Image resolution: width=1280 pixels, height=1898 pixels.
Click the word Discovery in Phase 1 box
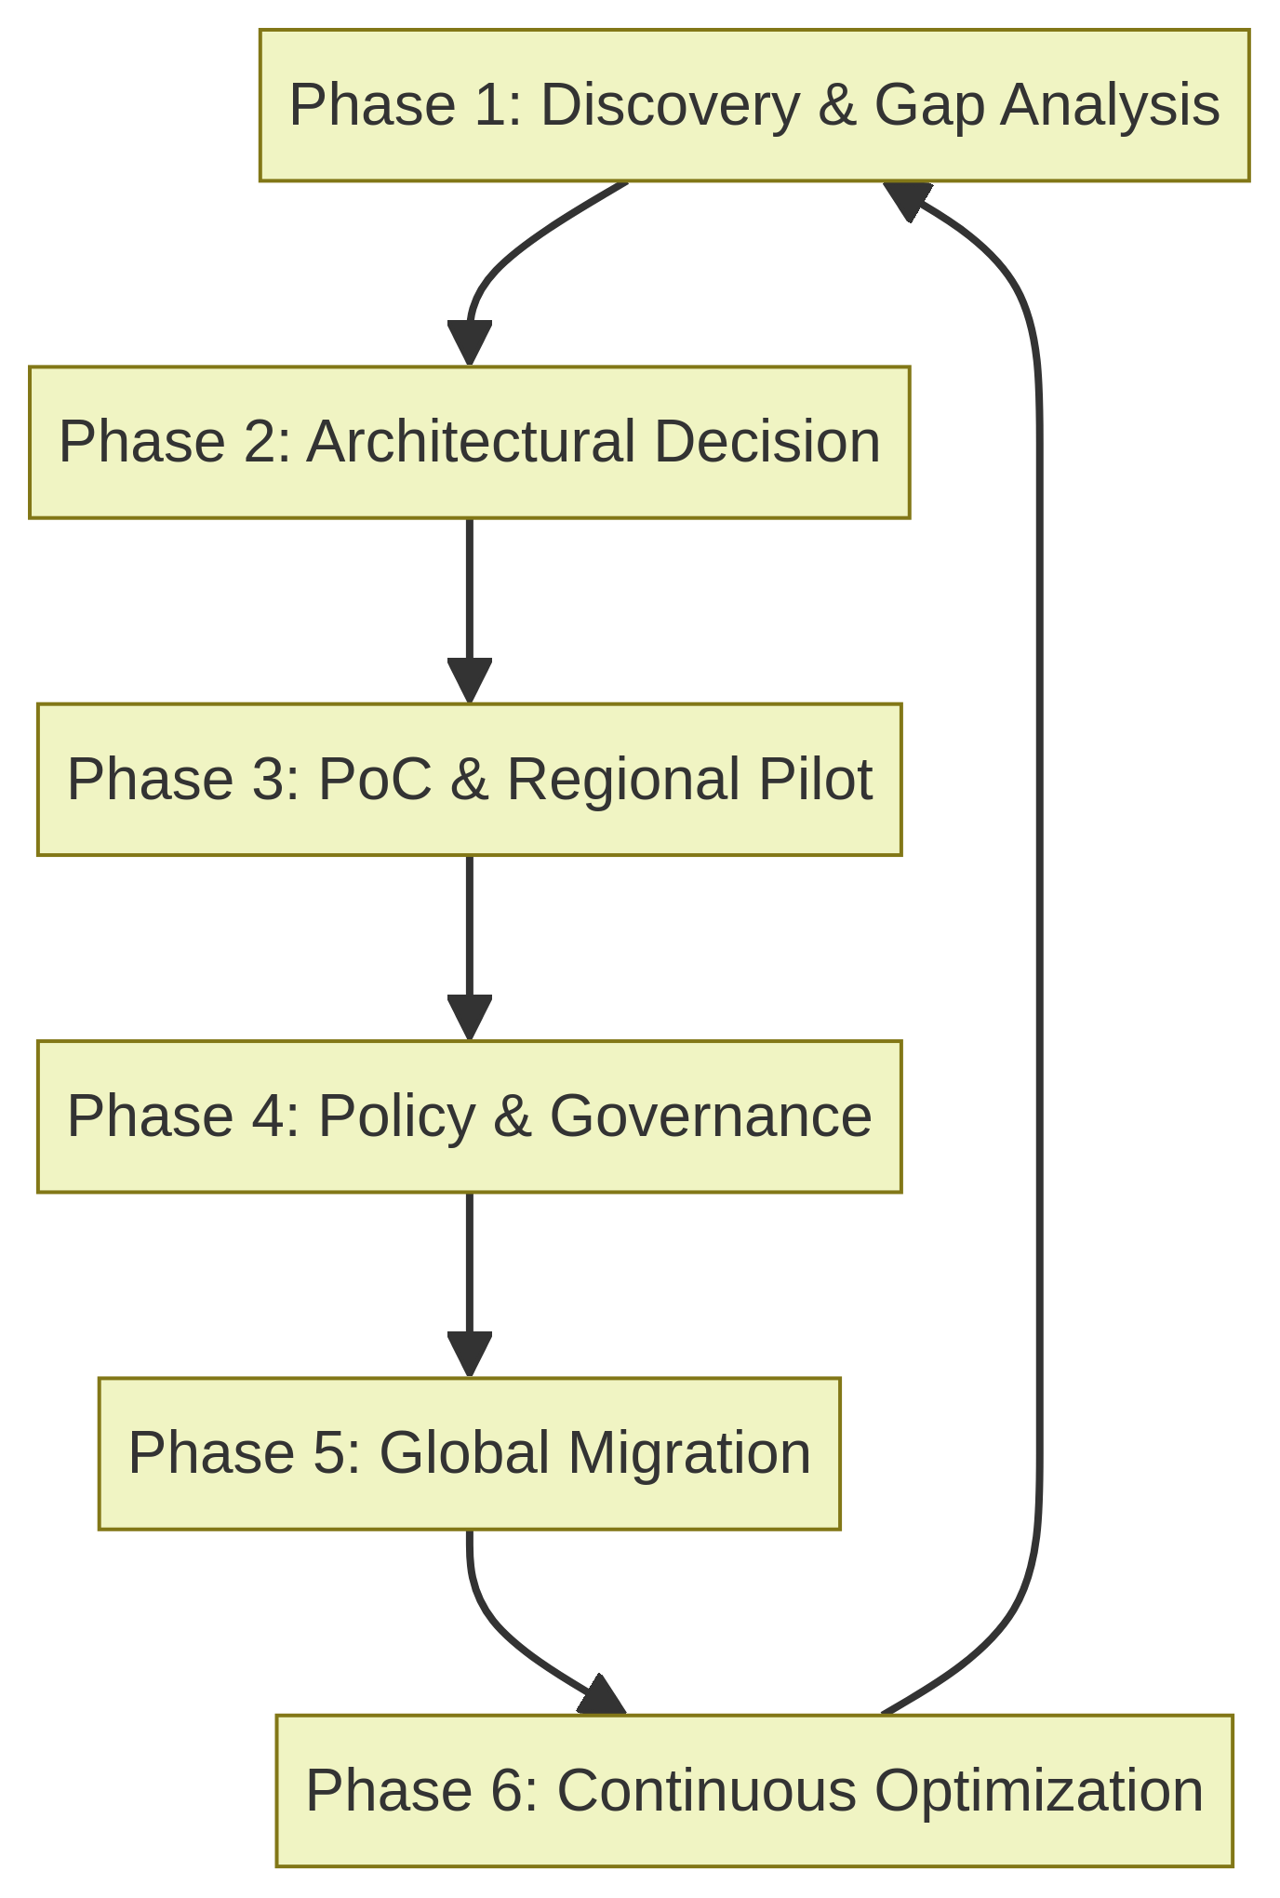pos(669,105)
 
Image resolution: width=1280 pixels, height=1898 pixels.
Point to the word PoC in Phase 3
pos(374,780)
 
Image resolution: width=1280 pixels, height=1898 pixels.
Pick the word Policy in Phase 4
pos(396,1116)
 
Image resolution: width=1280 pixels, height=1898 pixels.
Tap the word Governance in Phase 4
pos(710,1116)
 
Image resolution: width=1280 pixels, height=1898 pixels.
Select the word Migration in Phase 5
pos(688,1453)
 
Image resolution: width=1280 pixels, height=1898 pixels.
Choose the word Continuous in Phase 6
pos(706,1791)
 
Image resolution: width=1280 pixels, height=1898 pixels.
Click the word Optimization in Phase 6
pos(1038,1791)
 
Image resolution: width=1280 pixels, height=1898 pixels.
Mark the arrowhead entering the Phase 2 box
pos(469,343)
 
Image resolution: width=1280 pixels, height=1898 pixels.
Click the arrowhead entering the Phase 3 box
pos(469,680)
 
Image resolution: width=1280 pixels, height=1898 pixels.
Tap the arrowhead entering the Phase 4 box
pos(469,1017)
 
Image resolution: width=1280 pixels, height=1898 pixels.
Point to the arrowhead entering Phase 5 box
pos(469,1354)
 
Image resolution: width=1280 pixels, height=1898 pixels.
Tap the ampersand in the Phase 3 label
pos(468,780)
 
